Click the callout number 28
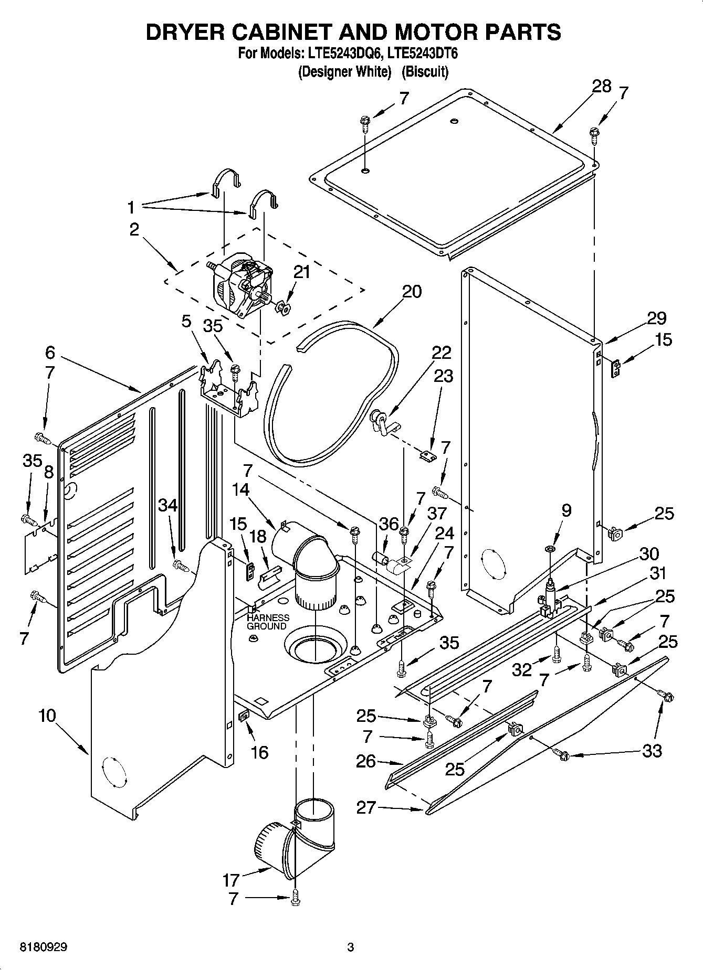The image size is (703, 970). pos(601,87)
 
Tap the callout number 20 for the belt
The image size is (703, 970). pos(412,292)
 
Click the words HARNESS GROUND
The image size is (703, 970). pos(267,622)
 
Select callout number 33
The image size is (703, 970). pos(652,751)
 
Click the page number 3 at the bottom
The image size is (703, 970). pos(351,947)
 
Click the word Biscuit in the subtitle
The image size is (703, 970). pos(425,72)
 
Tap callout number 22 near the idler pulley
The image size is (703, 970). pos(441,353)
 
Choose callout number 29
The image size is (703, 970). pos(656,318)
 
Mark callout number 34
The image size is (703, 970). pos(168,505)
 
